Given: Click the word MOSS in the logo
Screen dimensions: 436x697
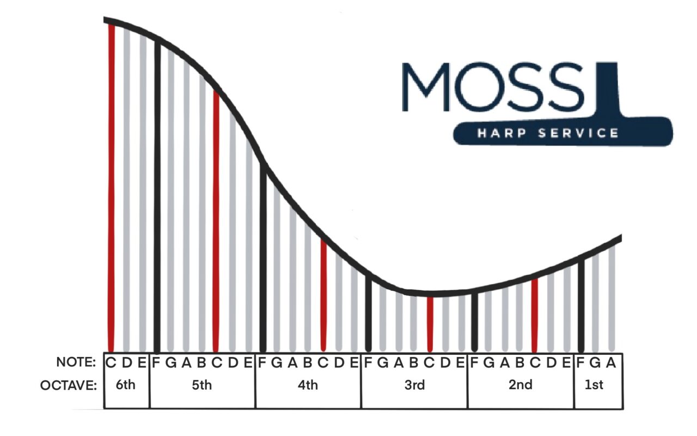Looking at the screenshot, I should pyautogui.click(x=493, y=87).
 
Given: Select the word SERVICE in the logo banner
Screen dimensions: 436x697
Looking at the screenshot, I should pyautogui.click(x=578, y=133).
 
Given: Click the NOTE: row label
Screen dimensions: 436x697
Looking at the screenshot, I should pyautogui.click(x=76, y=362).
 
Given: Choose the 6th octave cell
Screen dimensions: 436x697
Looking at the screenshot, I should pyautogui.click(x=126, y=385).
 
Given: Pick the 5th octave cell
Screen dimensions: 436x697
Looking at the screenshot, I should pyautogui.click(x=202, y=385).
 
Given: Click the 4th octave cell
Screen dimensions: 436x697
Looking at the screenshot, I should pyautogui.click(x=308, y=385).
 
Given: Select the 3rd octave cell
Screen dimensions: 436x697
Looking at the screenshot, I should pyautogui.click(x=414, y=385).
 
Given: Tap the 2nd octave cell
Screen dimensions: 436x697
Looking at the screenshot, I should pyautogui.click(x=521, y=385).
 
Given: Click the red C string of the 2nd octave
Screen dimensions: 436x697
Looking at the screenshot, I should pyautogui.click(x=535, y=316).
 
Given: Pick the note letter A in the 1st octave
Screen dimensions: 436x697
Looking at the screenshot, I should pyautogui.click(x=611, y=362).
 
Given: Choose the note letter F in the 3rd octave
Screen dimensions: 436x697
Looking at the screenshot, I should pyautogui.click(x=368, y=362).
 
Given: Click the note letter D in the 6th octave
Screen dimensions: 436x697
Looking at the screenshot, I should pyautogui.click(x=126, y=362).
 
